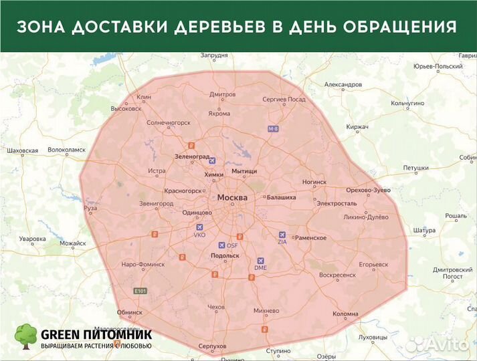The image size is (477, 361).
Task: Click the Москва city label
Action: [x=233, y=198]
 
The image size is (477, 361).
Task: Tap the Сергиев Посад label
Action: [x=284, y=99]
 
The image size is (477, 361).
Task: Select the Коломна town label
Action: [x=345, y=314]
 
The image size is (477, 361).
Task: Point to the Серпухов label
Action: [x=213, y=346]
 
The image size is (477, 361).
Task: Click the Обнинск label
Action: [x=129, y=312]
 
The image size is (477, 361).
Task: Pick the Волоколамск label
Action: [x=67, y=150]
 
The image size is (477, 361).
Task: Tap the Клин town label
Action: [x=144, y=97]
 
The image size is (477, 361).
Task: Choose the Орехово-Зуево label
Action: [x=369, y=191]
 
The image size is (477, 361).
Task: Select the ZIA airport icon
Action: [x=281, y=235]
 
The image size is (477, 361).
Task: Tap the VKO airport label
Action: [x=199, y=235]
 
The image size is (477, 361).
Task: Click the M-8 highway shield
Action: [x=272, y=128]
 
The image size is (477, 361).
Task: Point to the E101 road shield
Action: [x=140, y=291]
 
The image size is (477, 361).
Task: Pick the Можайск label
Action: [x=74, y=244]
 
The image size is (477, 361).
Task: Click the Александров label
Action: [x=343, y=85]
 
